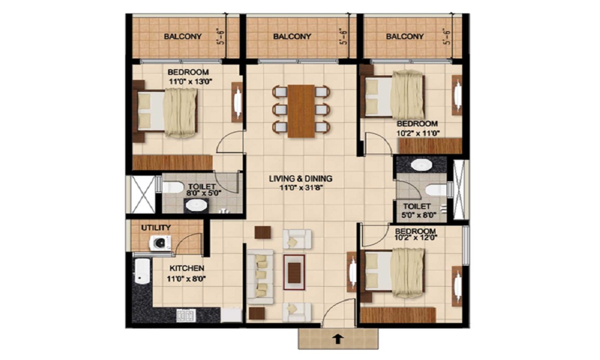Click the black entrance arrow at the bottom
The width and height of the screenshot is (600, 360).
338,339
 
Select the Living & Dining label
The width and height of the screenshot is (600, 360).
301,179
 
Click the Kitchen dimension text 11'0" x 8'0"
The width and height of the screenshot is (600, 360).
187,278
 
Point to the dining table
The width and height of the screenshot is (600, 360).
301,111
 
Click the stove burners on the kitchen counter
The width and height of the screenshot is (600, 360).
186,316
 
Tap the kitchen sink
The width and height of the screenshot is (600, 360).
142,272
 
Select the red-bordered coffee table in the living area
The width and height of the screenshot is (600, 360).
294,272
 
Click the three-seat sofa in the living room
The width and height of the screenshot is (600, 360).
260,277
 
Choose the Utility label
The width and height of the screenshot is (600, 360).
156,228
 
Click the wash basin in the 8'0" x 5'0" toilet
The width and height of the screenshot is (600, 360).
196,205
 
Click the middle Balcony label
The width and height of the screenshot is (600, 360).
292,37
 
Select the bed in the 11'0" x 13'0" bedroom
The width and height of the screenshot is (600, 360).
166,113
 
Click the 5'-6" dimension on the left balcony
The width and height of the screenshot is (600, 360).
221,37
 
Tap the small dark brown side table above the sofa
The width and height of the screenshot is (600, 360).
263,233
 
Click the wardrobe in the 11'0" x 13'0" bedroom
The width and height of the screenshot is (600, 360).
173,162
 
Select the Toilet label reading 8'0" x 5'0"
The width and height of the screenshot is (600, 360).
202,190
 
